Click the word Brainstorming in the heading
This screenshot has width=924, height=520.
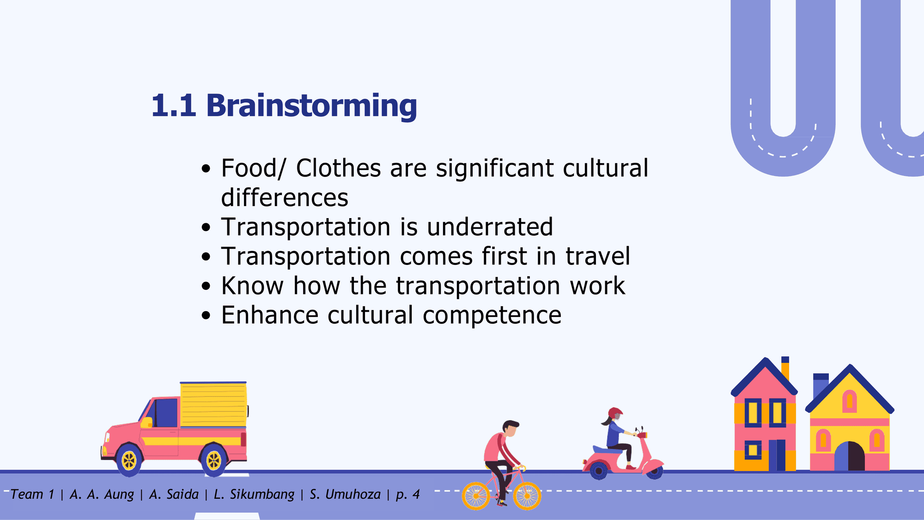point(312,106)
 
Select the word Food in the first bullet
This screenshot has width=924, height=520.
point(250,168)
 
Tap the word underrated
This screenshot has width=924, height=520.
point(490,227)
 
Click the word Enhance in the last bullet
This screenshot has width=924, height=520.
point(270,315)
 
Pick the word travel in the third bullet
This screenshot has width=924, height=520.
point(598,256)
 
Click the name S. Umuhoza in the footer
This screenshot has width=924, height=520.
point(345,495)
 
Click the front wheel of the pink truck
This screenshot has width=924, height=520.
point(129,460)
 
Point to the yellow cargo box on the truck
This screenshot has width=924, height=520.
point(213,404)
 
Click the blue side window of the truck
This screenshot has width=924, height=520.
point(166,412)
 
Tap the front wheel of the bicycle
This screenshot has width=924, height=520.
point(527,496)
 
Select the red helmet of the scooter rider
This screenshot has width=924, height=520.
point(615,413)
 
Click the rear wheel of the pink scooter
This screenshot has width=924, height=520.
point(599,470)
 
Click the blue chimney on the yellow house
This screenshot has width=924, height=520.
point(821,386)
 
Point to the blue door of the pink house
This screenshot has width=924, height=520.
point(777,455)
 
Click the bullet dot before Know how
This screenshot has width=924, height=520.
point(206,286)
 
